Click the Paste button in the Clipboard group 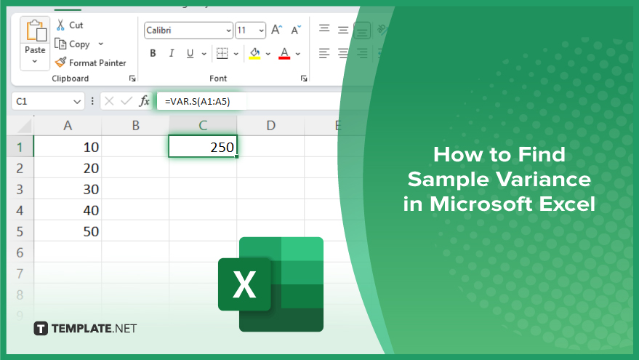(x=35, y=43)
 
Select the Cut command (x=69, y=25)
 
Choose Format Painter (x=90, y=63)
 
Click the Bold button (x=153, y=53)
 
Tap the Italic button (x=172, y=53)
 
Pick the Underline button (x=190, y=53)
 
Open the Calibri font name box (x=188, y=31)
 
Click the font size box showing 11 (x=251, y=31)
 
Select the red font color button (x=284, y=53)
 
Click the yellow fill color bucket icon (x=254, y=53)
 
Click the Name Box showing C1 (x=48, y=101)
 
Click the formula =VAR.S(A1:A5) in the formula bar (x=198, y=102)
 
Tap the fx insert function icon (x=144, y=101)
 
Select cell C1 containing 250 (x=203, y=146)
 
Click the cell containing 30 (x=68, y=189)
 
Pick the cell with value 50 (x=68, y=231)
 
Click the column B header (x=135, y=126)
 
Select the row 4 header (x=20, y=210)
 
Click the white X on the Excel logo (x=244, y=284)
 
